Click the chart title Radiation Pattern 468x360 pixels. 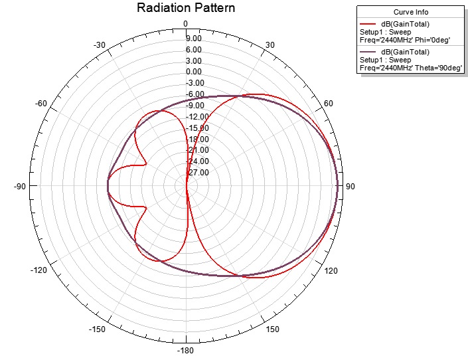(x=186, y=8)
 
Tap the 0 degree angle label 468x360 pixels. (x=186, y=25)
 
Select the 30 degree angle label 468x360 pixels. (x=270, y=45)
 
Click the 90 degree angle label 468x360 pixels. (x=351, y=187)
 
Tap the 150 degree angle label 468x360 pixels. (x=273, y=330)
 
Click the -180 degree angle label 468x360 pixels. (x=186, y=351)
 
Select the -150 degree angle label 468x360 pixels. (x=98, y=330)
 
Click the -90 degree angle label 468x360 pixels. (x=19, y=187)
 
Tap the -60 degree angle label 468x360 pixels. (x=40, y=104)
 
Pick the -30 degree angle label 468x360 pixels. (x=100, y=45)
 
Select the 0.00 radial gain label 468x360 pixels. (x=193, y=72)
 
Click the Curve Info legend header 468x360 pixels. (x=412, y=11)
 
